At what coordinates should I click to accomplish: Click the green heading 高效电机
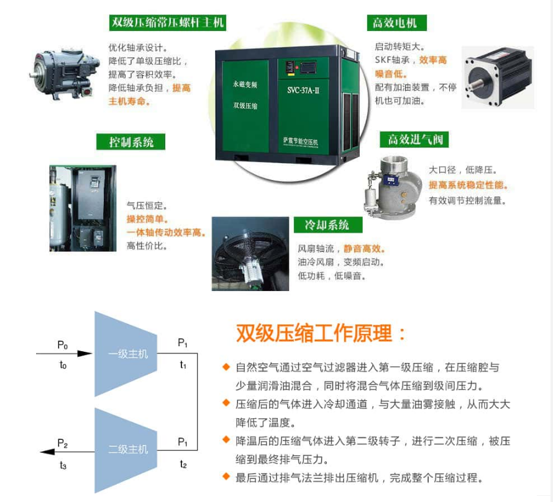(397, 23)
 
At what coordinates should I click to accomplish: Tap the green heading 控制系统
(131, 141)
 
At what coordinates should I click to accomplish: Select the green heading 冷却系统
(328, 225)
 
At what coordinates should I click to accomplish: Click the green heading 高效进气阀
(414, 140)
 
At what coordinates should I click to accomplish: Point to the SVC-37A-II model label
(303, 90)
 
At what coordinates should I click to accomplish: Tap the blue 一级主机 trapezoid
(126, 354)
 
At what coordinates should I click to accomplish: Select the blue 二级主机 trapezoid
(126, 450)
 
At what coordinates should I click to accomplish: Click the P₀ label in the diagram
(62, 344)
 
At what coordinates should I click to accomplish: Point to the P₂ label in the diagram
(62, 443)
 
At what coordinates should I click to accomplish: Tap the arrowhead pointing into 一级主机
(85, 353)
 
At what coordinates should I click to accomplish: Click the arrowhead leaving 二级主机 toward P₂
(47, 452)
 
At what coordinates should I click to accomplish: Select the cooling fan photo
(250, 254)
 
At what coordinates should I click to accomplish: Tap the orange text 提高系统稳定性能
(468, 185)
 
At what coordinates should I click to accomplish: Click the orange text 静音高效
(364, 249)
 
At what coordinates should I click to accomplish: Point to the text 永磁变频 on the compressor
(245, 84)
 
